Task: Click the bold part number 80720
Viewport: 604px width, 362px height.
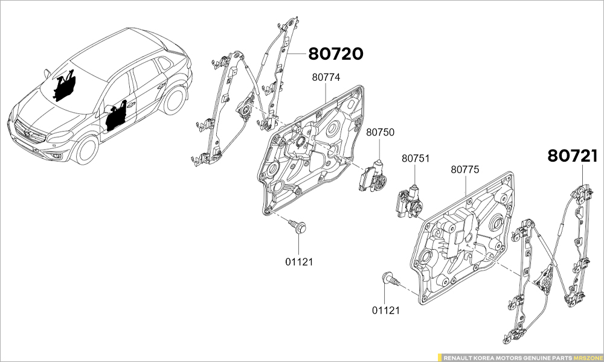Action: (336, 54)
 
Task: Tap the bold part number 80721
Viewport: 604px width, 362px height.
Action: (573, 156)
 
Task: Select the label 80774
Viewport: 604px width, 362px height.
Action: (326, 77)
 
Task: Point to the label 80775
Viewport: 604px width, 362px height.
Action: (464, 170)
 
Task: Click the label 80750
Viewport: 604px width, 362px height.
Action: (380, 131)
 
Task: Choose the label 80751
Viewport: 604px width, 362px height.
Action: (416, 159)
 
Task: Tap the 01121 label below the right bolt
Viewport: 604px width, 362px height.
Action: (385, 310)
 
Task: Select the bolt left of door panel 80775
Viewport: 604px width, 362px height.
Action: (390, 280)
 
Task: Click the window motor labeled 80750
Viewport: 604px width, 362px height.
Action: (373, 177)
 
